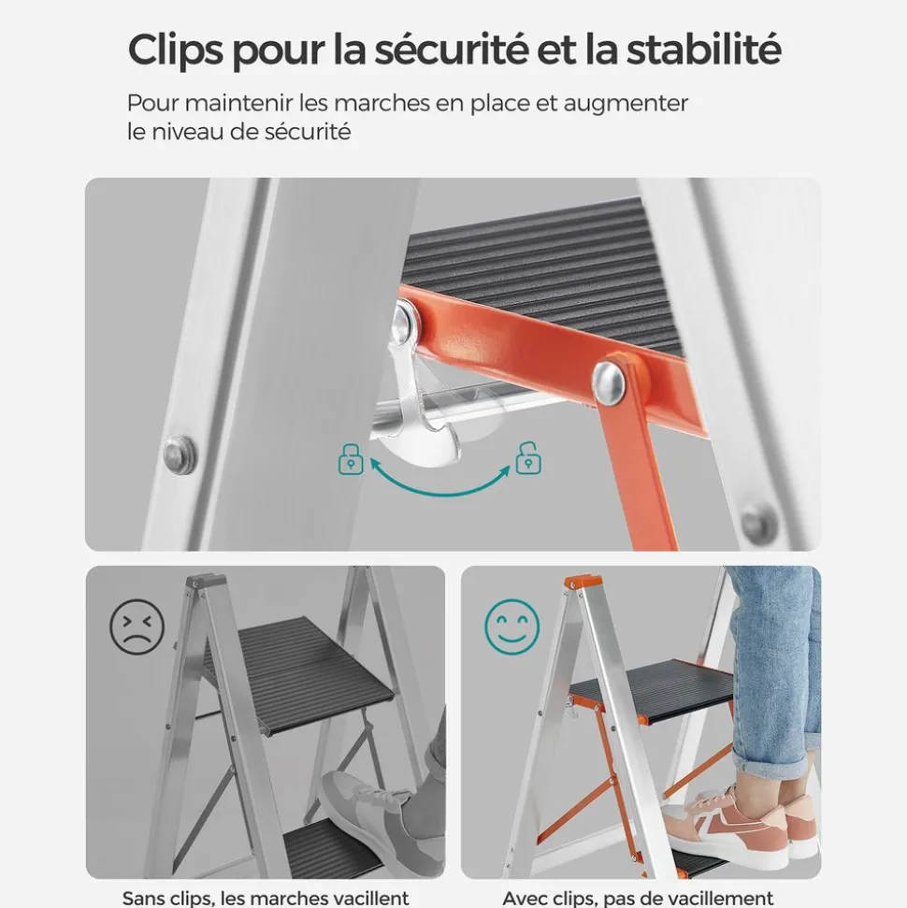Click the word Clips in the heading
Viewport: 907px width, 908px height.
click(x=176, y=50)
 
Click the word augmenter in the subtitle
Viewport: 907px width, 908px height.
click(x=626, y=104)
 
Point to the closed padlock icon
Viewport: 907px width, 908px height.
click(x=351, y=459)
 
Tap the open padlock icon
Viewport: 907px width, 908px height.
click(x=528, y=458)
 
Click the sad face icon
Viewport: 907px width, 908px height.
click(x=137, y=627)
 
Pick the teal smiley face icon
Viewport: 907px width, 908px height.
click(x=512, y=627)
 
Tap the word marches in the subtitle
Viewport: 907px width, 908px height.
click(x=382, y=104)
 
